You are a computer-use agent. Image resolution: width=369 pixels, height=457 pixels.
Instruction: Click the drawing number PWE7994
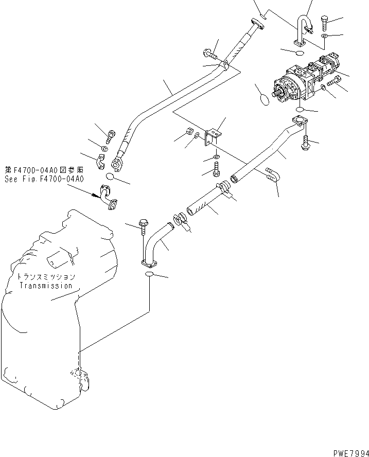pos(347,452)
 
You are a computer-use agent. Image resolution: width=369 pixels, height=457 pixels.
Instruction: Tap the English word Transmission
pos(46,285)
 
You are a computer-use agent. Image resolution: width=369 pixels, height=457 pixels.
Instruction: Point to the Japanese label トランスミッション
pos(46,277)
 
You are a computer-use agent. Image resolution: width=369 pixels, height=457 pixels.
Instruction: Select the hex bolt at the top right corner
pos(326,21)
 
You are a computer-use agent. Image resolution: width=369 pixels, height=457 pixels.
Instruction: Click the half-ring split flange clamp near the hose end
pos(103,162)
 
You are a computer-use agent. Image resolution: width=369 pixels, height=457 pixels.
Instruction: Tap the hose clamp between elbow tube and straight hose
pos(180,219)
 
